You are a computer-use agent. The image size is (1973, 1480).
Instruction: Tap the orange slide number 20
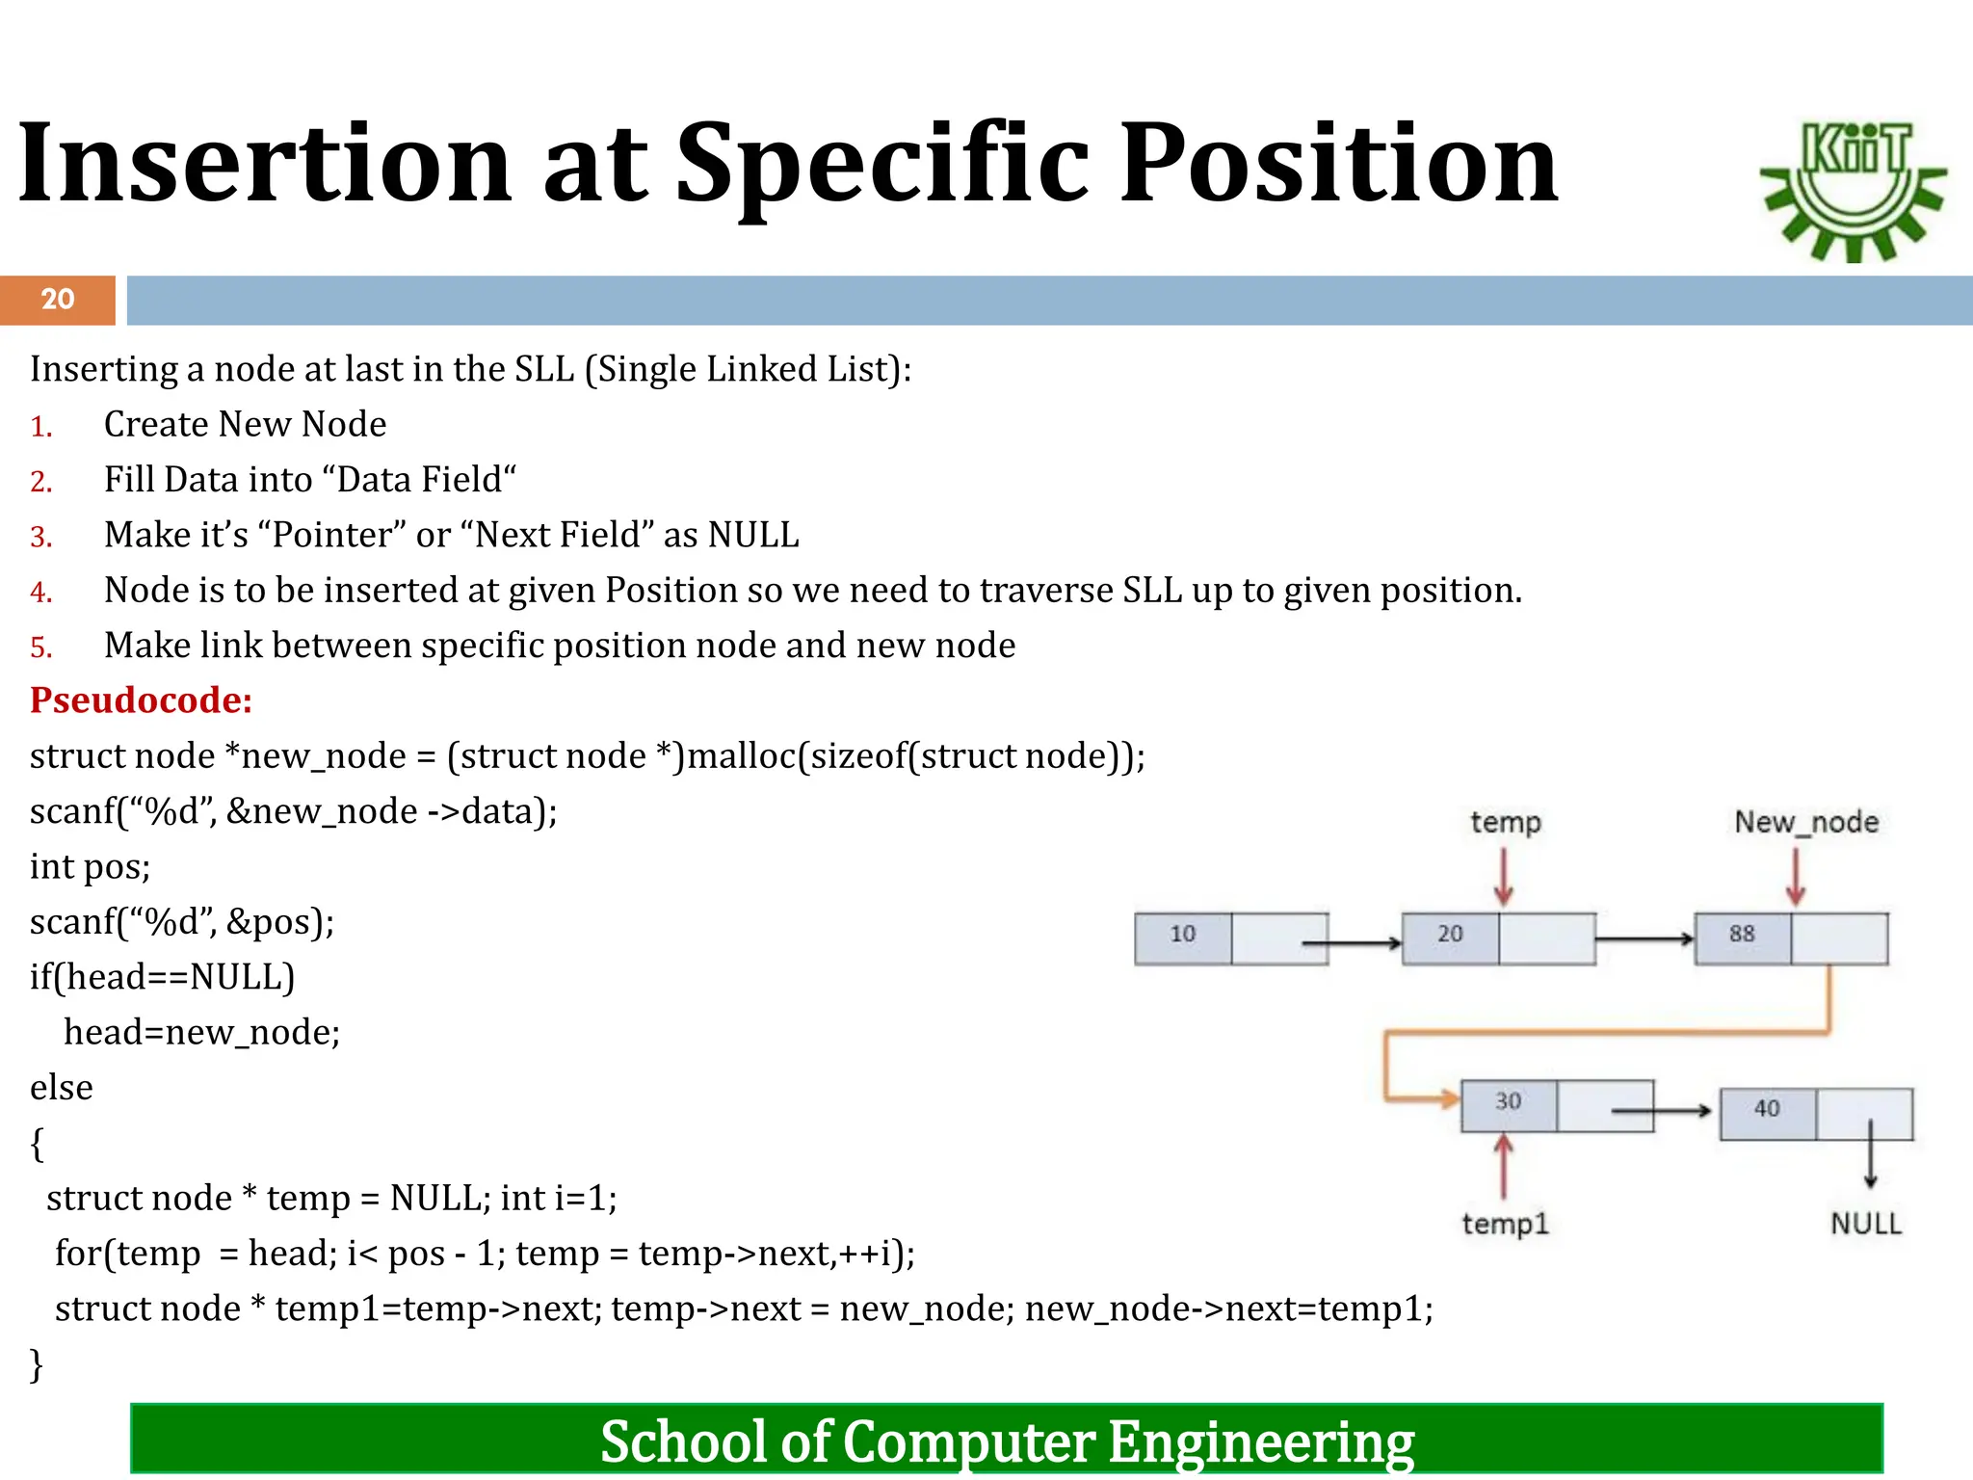[58, 300]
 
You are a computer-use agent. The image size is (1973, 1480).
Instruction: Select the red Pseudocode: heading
[141, 700]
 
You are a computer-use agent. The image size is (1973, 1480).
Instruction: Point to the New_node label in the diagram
[1806, 822]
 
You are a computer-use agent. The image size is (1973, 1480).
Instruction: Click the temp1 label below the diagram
[1505, 1224]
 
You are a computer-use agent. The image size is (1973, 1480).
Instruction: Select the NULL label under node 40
[1865, 1224]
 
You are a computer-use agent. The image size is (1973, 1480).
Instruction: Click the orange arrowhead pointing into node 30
[1448, 1097]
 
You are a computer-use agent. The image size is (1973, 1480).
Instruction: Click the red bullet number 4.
[40, 592]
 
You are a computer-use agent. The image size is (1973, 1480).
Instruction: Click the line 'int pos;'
[90, 867]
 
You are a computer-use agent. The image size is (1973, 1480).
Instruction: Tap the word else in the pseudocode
[61, 1088]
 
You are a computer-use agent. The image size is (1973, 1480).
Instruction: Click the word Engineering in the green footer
[1260, 1441]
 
